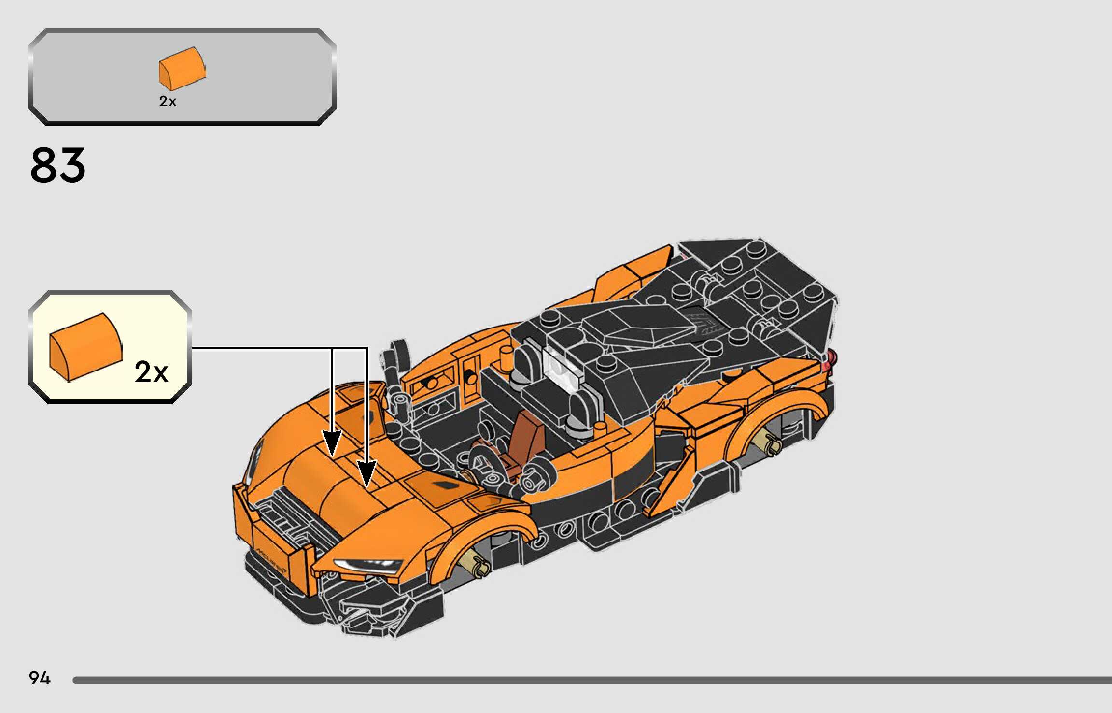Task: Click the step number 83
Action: pyautogui.click(x=58, y=166)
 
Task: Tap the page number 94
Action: pyautogui.click(x=40, y=678)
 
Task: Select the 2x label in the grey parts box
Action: pyautogui.click(x=168, y=101)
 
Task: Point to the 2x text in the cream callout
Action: pyautogui.click(x=151, y=372)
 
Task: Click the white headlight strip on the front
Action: pyautogui.click(x=367, y=564)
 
